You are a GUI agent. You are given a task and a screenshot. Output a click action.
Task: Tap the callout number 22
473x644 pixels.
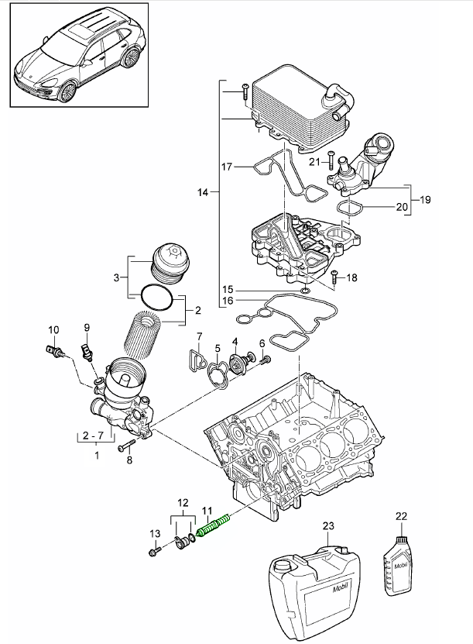click(400, 515)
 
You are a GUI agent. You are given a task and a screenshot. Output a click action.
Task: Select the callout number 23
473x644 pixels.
click(328, 526)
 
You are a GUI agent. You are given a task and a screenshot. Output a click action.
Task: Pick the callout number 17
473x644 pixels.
click(227, 167)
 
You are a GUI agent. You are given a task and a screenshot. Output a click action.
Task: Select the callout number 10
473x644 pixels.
click(53, 329)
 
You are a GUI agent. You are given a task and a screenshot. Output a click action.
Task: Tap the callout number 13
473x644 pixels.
click(153, 533)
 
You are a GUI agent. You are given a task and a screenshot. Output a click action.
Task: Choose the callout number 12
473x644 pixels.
click(183, 503)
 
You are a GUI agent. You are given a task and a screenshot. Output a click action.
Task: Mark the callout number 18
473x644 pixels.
click(352, 277)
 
